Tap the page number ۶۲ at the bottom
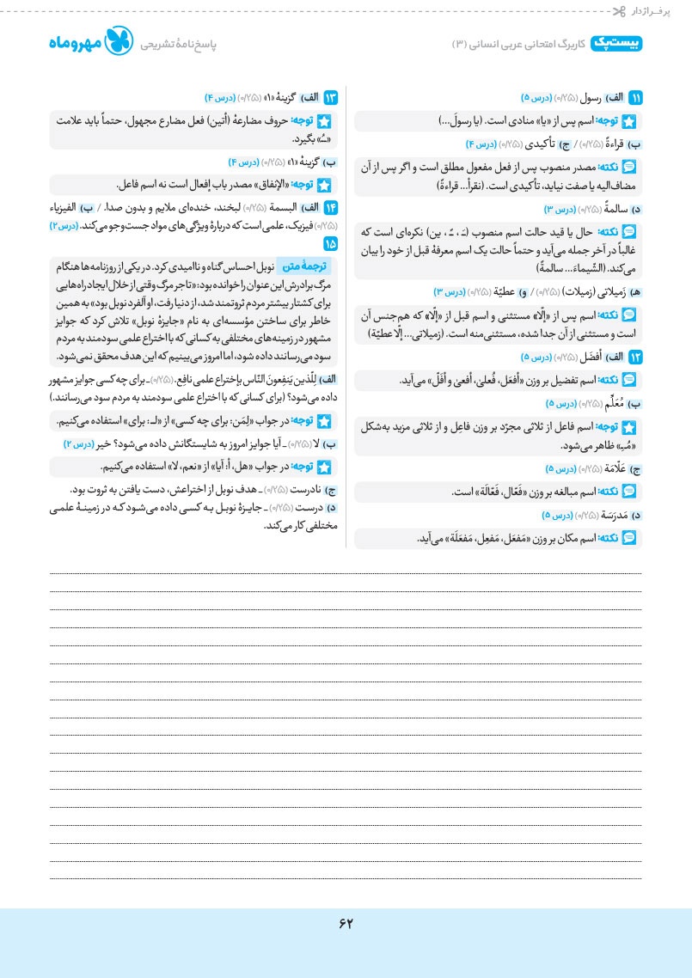pyautogui.click(x=346, y=924)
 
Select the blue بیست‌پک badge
pyautogui.click(x=617, y=43)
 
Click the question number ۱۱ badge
pyautogui.click(x=636, y=97)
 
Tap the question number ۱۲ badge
pyautogui.click(x=636, y=357)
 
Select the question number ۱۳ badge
pyautogui.click(x=330, y=97)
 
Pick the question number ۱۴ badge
pyautogui.click(x=330, y=208)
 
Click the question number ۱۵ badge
pyautogui.click(x=330, y=244)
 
